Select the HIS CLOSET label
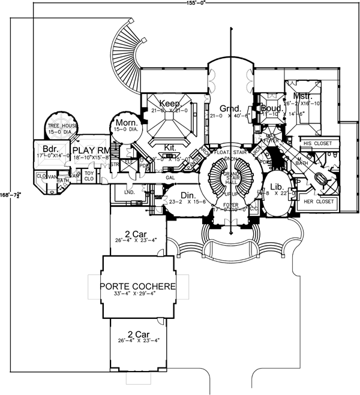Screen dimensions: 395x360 click(x=317, y=144)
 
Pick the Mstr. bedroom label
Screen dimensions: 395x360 click(x=302, y=96)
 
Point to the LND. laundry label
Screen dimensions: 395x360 click(x=128, y=193)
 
